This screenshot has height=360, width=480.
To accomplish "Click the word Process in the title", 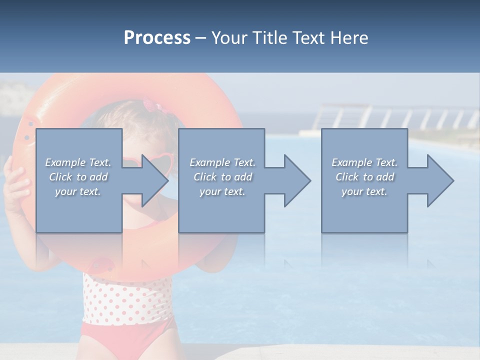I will tap(157, 38).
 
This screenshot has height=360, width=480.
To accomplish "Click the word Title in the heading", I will tap(269, 38).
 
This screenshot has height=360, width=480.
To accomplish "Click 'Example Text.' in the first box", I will tap(78, 162).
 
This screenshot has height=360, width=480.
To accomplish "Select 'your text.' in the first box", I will tap(78, 191).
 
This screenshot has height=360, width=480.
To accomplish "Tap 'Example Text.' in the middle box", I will tap(222, 162).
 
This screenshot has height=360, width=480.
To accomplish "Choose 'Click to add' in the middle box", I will tap(222, 177).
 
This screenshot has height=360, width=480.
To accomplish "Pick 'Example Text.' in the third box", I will tap(364, 162).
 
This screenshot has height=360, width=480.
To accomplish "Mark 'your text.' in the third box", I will tap(364, 191).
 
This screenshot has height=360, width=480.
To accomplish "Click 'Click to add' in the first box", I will tap(78, 177).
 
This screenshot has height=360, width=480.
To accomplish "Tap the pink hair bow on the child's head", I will tap(149, 106).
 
